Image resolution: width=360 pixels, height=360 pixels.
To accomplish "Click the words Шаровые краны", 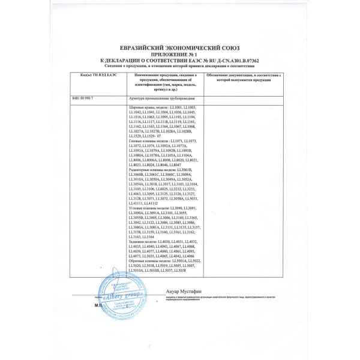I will click(x=139, y=106).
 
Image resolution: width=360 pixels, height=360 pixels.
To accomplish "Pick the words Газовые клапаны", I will click(x=139, y=140).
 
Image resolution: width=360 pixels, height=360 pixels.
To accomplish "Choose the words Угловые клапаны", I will click(x=140, y=208).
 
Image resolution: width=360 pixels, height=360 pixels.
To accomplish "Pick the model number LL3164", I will click(x=136, y=238).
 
